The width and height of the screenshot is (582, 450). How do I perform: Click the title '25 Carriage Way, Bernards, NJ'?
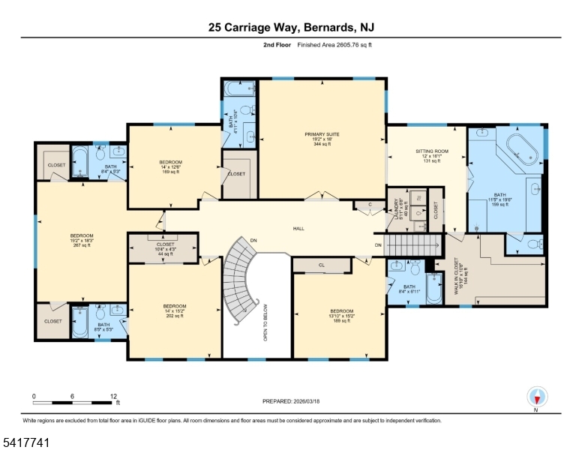coord(291,27)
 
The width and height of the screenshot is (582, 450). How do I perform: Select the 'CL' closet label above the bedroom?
coord(321,265)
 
